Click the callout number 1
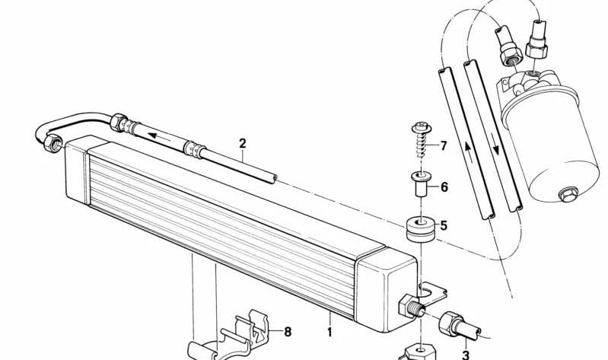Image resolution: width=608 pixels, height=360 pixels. pos(329,332)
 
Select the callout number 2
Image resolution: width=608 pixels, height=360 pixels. pos(242,144)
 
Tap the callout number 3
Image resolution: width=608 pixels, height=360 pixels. pos(466,355)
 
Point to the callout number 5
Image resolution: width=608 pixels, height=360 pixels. pos(444,225)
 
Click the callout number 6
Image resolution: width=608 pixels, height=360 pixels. pos(444,187)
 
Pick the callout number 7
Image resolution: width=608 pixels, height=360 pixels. pos(443,146)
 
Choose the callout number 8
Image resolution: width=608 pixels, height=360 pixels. pos(288,332)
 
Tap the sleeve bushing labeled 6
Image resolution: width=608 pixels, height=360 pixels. pos(419,184)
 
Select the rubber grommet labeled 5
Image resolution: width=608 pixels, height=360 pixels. pos(420,229)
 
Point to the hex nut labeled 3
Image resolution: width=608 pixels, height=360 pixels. pos(449,323)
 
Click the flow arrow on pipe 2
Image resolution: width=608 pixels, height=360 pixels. pos(160,136)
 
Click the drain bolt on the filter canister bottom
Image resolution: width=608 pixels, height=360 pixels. pos(568,194)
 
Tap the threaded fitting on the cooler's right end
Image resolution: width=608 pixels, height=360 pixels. pos(412,305)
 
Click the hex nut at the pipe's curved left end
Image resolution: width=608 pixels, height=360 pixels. pos(53,143)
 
